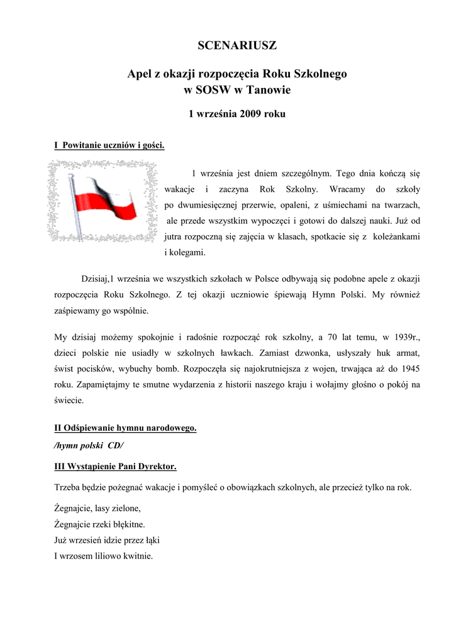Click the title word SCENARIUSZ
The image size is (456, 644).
(237, 46)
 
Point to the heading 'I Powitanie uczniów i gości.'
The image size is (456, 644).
(109, 146)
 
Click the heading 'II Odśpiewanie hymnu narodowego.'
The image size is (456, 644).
(126, 429)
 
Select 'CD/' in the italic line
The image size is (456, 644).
(116, 445)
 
